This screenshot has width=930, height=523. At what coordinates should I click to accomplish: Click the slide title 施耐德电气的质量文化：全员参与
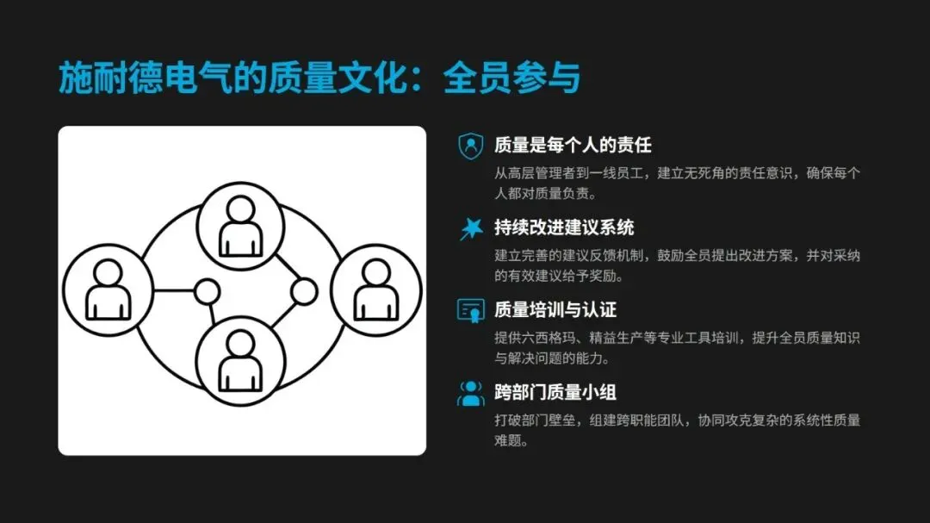coord(319,78)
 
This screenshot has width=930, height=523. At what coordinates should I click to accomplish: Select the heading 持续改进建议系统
coord(564,227)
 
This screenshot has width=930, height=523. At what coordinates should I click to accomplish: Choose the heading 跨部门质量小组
coord(555,393)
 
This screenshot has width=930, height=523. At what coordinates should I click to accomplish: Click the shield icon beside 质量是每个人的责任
coord(470,146)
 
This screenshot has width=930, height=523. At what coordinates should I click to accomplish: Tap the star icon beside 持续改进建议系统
coord(470,228)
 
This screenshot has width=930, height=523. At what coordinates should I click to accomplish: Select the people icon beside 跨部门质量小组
coord(470,394)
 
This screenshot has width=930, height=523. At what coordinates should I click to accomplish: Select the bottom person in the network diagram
coord(241,358)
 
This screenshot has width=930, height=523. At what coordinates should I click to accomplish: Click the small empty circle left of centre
coord(207,291)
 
